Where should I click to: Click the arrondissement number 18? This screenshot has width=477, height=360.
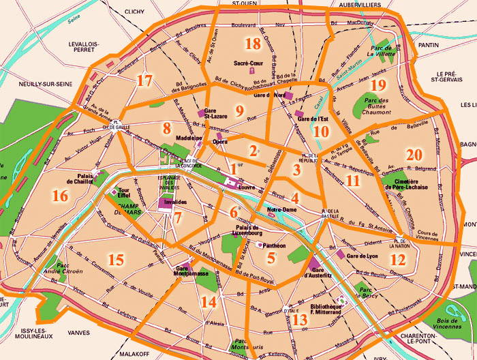pyautogui.click(x=253, y=44)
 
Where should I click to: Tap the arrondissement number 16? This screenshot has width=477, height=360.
pyautogui.click(x=60, y=196)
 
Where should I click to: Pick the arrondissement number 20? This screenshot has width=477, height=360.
pyautogui.click(x=414, y=155)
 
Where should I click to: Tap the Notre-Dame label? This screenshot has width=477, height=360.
pyautogui.click(x=282, y=209)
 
